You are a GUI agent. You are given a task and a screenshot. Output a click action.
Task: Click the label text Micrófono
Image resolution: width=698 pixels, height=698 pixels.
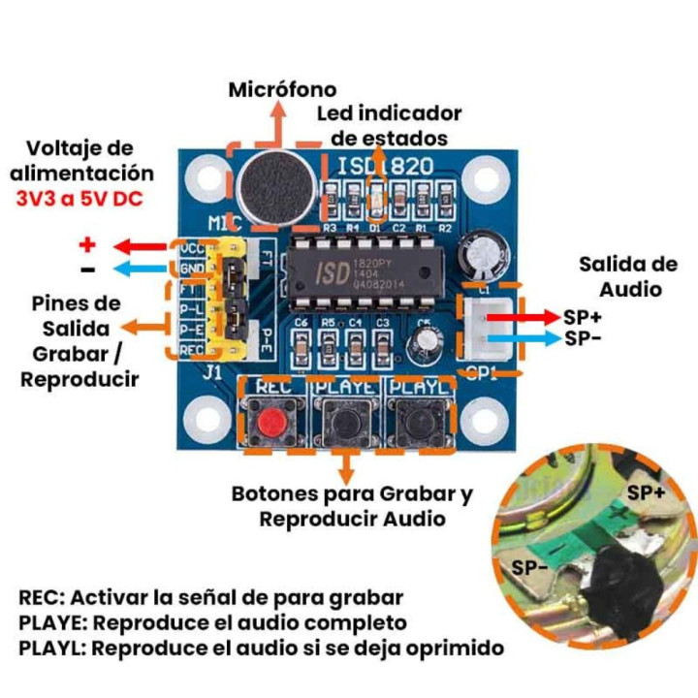pyautogui.click(x=282, y=89)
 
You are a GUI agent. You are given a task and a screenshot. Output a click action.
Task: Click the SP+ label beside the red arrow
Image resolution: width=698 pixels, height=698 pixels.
pyautogui.click(x=583, y=317)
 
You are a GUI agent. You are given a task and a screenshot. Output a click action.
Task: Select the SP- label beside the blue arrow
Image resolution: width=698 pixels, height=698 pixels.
pyautogui.click(x=582, y=338)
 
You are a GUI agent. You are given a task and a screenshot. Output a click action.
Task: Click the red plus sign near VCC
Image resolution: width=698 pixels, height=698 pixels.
pyautogui.click(x=88, y=244)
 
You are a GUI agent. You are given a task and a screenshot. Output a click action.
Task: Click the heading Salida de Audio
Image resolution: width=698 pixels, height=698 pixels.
pyautogui.click(x=627, y=276)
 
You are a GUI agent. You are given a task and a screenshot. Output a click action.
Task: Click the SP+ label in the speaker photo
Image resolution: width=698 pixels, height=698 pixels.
pyautogui.click(x=647, y=492)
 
